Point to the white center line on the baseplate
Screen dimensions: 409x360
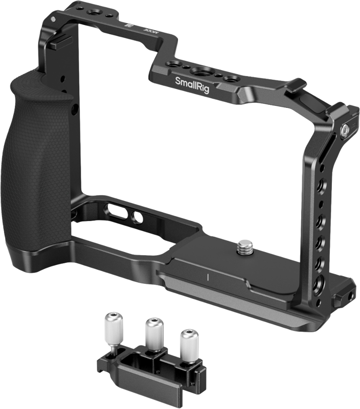pos(209,278)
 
